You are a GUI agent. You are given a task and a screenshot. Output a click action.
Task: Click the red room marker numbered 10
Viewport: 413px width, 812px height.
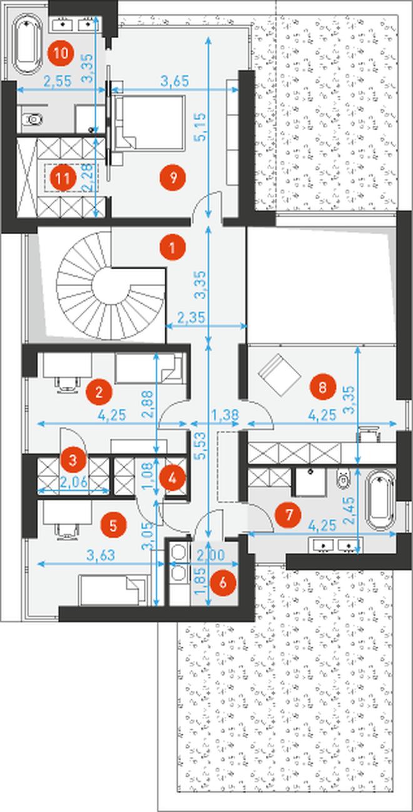tap(61, 53)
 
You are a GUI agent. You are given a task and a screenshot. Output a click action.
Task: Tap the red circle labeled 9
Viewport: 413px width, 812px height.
tap(173, 178)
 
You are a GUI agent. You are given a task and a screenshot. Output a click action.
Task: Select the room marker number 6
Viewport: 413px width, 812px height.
tap(223, 582)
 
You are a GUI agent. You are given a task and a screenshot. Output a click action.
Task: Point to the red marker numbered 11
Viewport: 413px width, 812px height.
tap(63, 178)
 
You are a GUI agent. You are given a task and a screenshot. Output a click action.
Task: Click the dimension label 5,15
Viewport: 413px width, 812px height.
tap(200, 127)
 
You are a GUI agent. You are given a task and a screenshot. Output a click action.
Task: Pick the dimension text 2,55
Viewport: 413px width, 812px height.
tap(58, 81)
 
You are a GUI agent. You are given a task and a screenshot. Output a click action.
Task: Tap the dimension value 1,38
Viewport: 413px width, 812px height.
tap(225, 414)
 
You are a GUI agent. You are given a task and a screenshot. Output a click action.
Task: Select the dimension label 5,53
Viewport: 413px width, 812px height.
tap(200, 446)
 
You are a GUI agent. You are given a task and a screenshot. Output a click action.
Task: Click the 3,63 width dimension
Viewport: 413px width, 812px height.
tap(101, 555)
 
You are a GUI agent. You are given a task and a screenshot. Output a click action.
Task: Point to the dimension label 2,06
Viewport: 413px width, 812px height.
tap(74, 482)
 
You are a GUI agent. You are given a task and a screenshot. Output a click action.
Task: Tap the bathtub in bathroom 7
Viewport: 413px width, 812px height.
tap(379, 500)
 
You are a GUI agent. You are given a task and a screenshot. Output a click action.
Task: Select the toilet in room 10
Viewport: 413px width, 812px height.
tap(33, 118)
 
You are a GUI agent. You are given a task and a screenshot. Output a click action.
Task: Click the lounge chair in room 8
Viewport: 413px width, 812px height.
tap(279, 376)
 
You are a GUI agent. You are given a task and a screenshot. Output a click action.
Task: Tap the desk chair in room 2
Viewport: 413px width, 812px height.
tap(68, 385)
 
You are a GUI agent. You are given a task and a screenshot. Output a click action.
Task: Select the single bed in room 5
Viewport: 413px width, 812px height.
tap(114, 590)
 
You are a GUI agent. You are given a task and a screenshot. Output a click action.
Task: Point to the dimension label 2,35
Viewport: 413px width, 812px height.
tap(191, 317)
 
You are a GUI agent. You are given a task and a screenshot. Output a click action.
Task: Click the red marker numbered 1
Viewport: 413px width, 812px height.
tap(173, 247)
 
